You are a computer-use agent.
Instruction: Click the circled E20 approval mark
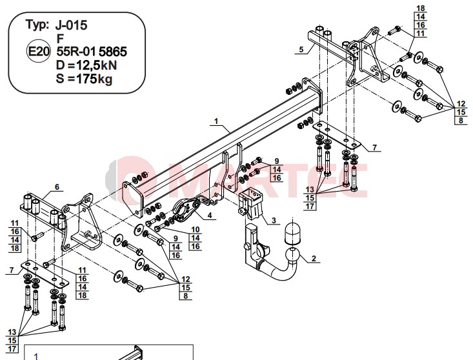(38, 51)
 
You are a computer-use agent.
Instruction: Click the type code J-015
(71, 25)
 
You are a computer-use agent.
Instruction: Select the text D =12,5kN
(86, 65)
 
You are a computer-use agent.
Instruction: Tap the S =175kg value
(84, 79)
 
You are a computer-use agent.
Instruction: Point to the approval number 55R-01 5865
(92, 52)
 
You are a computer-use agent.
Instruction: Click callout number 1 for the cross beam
(216, 121)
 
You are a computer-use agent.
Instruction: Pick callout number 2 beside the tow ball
(314, 259)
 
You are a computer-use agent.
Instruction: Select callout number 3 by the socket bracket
(274, 221)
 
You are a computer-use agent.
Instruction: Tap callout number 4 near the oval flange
(210, 215)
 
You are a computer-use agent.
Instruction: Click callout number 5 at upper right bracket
(301, 50)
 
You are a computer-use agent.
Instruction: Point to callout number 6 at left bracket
(57, 187)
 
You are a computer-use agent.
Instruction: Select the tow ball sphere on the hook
(292, 255)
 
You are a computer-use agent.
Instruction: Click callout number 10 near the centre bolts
(195, 230)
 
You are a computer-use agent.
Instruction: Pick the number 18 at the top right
(421, 8)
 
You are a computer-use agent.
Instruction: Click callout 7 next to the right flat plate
(374, 148)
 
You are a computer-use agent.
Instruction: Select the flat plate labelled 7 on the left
(45, 274)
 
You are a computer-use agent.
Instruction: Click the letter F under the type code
(60, 39)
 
